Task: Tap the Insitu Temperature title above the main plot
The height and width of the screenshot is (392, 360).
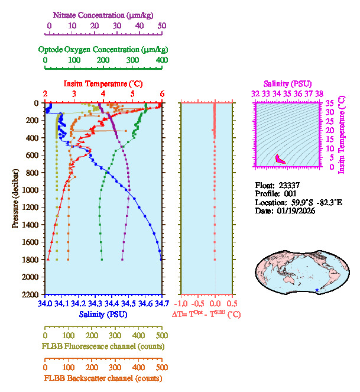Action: pyautogui.click(x=103, y=84)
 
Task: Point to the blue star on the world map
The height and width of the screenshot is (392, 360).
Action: pyautogui.click(x=318, y=289)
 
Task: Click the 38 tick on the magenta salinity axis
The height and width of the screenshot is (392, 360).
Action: pyautogui.click(x=319, y=93)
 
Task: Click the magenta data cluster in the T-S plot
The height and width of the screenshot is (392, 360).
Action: pyautogui.click(x=280, y=159)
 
